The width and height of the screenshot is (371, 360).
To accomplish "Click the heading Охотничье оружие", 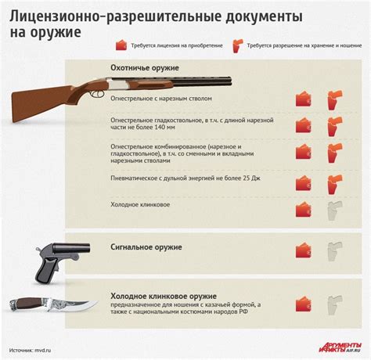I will coord(145,68).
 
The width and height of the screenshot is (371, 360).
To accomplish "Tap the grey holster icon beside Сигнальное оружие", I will coord(334,250).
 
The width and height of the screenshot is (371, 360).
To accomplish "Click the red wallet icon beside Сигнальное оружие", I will coord(304,250).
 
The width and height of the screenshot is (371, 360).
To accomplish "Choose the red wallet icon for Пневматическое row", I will coord(304,183).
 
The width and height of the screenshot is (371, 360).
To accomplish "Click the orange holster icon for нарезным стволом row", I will coord(334,99).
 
